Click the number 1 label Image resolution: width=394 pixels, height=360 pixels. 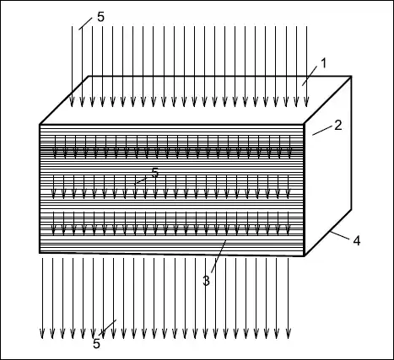click(324, 63)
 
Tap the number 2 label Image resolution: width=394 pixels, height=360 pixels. click(338, 125)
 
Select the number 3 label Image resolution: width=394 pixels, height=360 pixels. click(206, 281)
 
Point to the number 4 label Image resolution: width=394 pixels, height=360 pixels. click(357, 241)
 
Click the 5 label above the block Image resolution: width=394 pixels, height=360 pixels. click(100, 17)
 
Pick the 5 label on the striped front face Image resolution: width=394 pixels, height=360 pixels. click(155, 173)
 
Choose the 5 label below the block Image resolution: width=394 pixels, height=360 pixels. click(96, 344)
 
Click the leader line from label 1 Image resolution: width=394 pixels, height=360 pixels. click(310, 76)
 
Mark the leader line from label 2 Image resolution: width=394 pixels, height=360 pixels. click(322, 131)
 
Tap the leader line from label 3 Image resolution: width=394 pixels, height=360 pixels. click(219, 256)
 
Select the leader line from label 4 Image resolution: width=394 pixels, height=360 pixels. click(340, 235)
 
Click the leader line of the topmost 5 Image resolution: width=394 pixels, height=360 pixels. click(85, 24)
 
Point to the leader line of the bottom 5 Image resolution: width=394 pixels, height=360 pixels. click(108, 327)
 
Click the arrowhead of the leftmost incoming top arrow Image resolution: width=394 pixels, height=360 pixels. click(72, 102)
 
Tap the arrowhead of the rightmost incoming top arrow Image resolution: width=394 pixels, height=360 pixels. click(306, 102)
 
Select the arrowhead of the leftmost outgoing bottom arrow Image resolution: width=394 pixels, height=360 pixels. click(42, 334)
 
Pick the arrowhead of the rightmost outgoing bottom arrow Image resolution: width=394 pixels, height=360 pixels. click(288, 334)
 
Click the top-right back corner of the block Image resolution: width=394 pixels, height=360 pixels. click(351, 76)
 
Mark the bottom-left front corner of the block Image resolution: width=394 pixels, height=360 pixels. click(40, 253)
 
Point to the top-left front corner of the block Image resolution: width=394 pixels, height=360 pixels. click(40, 124)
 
